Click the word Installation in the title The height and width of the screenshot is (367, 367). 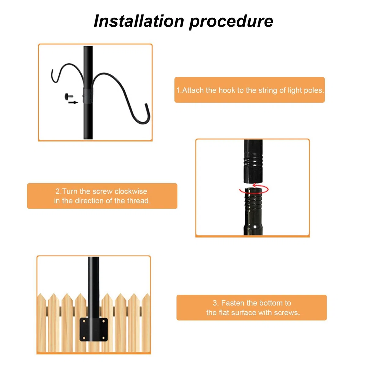point(139,21)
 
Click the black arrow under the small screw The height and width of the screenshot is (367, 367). point(73,102)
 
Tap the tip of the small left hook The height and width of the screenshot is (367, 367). point(52,70)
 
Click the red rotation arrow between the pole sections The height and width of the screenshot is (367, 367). point(254,189)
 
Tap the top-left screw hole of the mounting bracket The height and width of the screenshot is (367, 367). point(84,321)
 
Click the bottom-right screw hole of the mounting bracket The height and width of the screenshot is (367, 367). point(104,338)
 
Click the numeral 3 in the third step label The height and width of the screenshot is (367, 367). point(215,303)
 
